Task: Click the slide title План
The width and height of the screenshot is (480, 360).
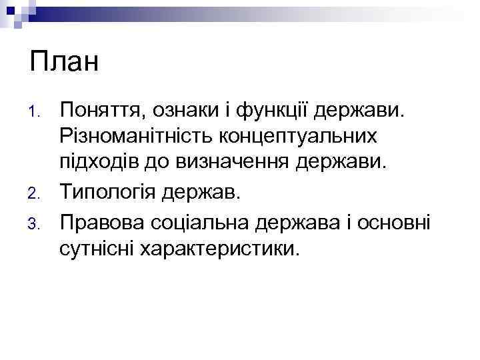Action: coord(64,63)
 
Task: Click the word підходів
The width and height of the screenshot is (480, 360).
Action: coord(99,163)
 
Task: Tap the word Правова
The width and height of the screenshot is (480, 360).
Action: coord(101,220)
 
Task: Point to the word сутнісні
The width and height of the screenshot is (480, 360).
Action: coord(98,248)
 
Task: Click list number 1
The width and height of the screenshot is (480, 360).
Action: coord(39,110)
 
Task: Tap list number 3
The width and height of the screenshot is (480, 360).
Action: coord(39,221)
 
